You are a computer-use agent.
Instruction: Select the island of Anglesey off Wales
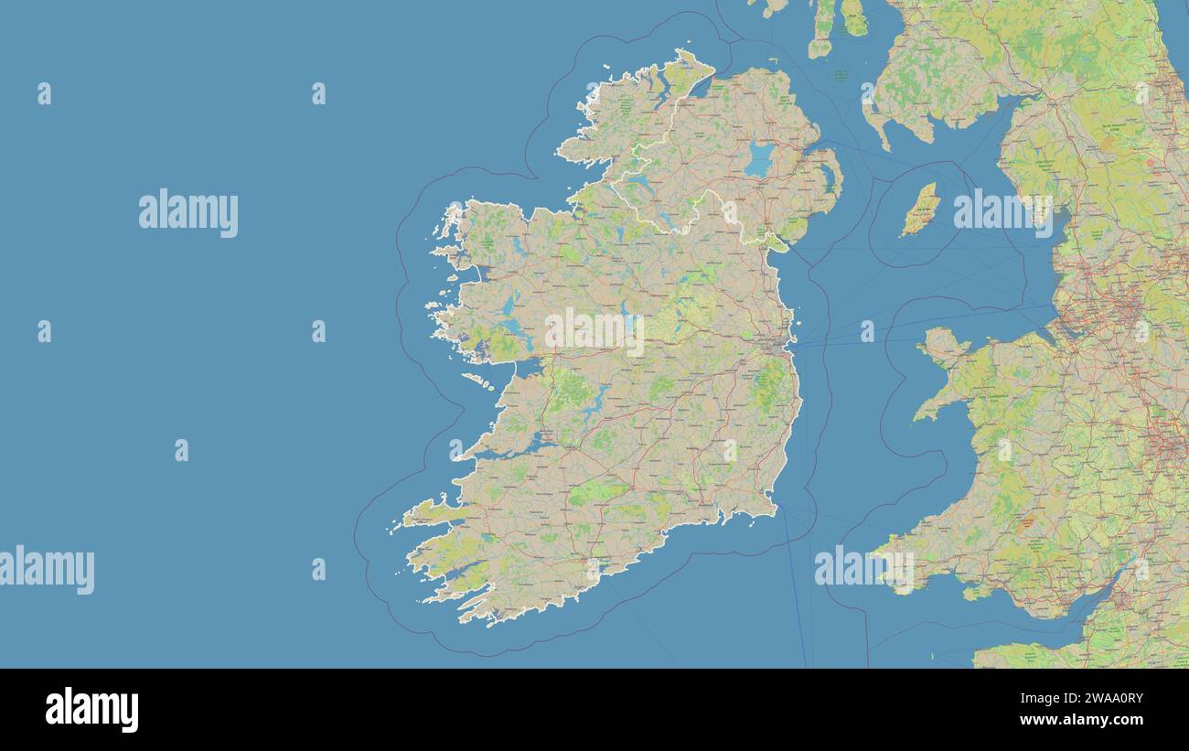coord(942,347)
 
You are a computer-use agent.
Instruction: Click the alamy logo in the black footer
coord(91,710)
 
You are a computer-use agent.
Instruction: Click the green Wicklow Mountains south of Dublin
coord(766,384)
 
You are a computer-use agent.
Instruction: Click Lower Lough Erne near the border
coord(636,183)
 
